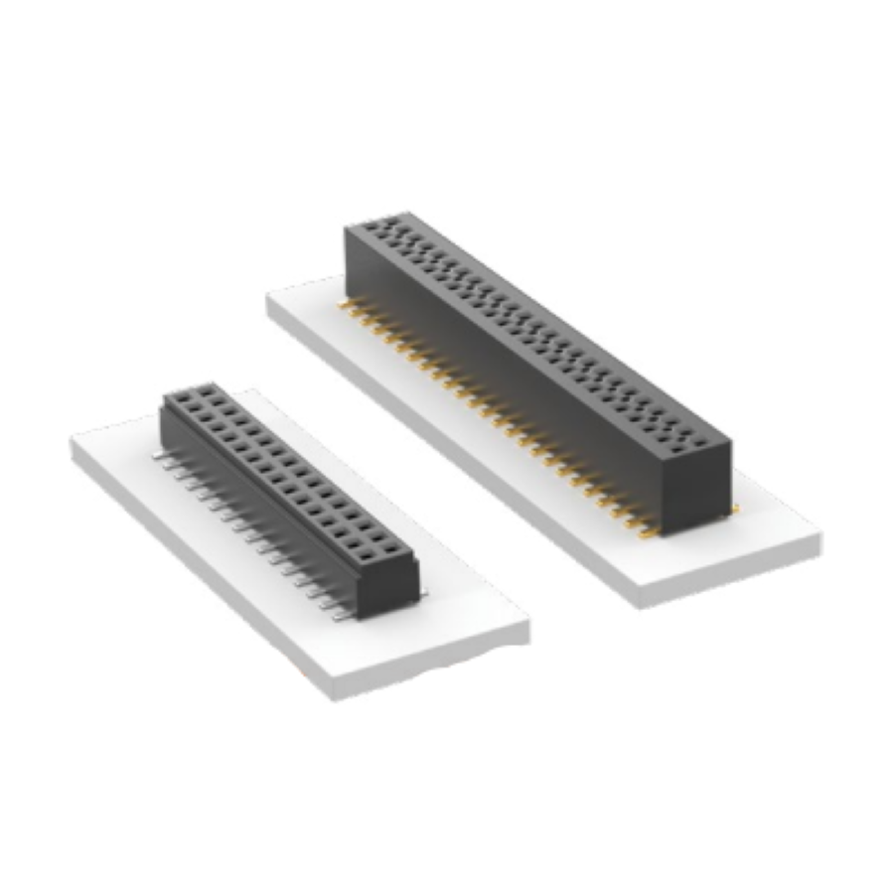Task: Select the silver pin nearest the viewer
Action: point(341,616)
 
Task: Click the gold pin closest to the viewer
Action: point(648,533)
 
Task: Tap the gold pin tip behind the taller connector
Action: point(734,509)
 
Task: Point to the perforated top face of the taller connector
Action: point(536,328)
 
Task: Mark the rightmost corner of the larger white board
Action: point(820,541)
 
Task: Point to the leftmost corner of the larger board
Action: point(268,300)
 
